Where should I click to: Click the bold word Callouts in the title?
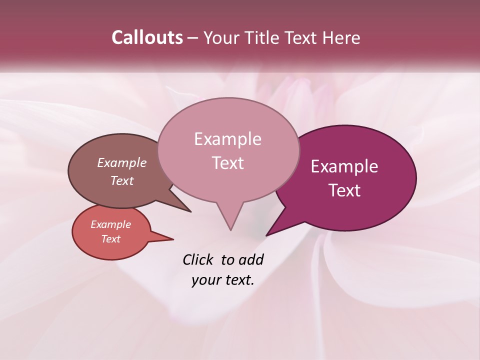[147, 37]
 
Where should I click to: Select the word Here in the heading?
[341, 37]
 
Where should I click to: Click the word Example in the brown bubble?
[121, 162]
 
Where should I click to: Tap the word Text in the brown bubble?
[122, 180]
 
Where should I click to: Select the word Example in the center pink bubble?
[227, 139]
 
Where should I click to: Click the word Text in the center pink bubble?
[227, 163]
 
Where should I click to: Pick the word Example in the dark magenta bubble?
[344, 166]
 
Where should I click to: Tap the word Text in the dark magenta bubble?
[344, 190]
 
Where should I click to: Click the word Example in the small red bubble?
[110, 224]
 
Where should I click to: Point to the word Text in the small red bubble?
[110, 239]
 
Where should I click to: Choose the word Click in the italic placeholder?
[198, 259]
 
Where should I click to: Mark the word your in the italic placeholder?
[205, 280]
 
